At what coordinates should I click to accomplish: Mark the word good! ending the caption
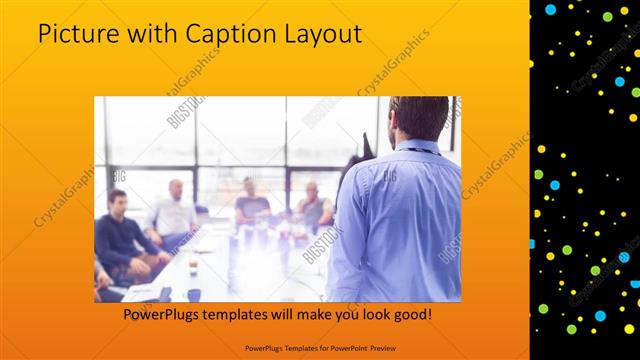tap(411, 315)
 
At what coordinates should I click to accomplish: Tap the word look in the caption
tap(370, 315)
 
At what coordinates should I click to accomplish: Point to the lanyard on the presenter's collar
tap(421, 149)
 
